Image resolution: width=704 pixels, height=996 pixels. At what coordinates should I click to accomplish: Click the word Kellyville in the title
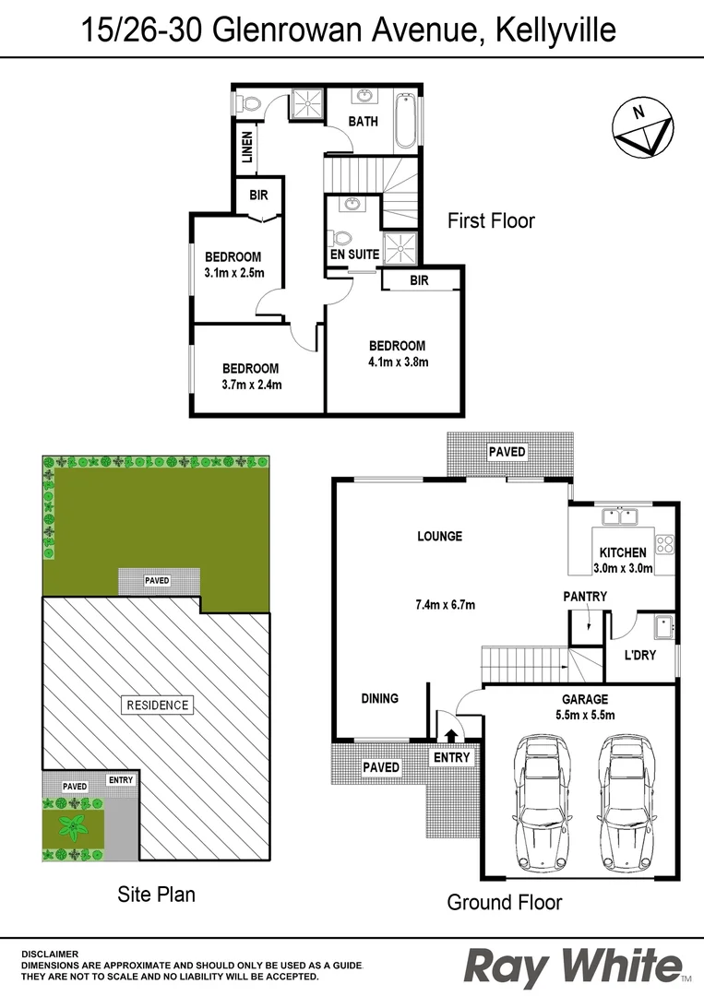[x=556, y=31]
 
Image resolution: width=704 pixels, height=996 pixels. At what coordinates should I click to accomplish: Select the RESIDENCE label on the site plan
[x=156, y=705]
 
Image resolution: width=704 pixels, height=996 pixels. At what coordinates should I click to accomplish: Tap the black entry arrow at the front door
[x=451, y=734]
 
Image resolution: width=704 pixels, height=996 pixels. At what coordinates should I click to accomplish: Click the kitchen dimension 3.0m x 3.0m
[x=623, y=568]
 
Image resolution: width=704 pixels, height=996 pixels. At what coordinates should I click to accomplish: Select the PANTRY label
[x=585, y=597]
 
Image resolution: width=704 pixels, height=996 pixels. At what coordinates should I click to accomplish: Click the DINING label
[x=379, y=698]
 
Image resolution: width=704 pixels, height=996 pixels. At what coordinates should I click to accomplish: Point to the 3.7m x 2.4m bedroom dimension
[x=251, y=384]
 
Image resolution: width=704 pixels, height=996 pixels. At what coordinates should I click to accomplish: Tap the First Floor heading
[x=491, y=221]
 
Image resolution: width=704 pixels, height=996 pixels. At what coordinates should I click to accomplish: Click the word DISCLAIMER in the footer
[x=51, y=954]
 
